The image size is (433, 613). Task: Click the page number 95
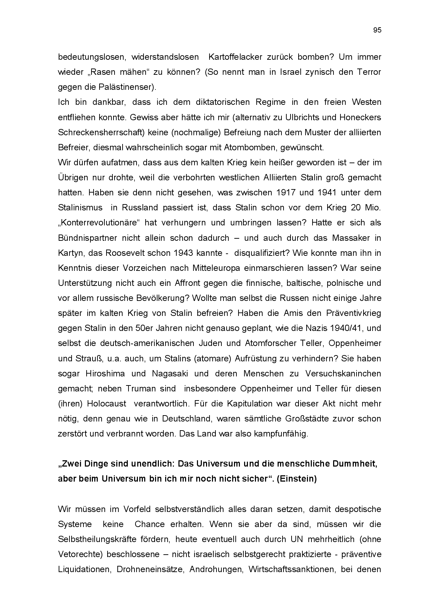[377, 30]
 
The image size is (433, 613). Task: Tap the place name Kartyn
[69, 253]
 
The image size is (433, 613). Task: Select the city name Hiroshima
[105, 374]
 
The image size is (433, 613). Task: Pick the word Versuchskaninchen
[343, 374]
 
